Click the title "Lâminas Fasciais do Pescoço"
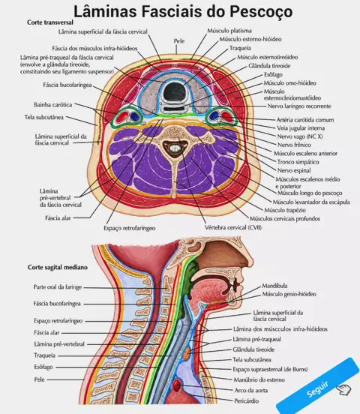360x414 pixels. coord(183,11)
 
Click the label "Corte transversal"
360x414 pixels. coord(50,22)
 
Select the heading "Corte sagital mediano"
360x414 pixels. coord(58,267)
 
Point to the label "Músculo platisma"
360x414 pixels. coord(229,31)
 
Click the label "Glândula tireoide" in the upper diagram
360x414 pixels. coord(269,66)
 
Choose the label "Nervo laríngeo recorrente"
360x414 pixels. coord(299,106)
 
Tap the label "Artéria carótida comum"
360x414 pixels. coord(305,120)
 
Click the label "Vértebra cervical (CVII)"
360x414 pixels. coord(233,227)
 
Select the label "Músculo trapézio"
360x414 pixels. coord(285,210)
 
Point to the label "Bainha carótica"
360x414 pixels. coord(52,105)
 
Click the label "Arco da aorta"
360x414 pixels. coord(251,390)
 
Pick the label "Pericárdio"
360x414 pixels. coord(247,400)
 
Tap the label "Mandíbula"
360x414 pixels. coord(274,286)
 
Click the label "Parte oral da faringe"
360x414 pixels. coord(58,287)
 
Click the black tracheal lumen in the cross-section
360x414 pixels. coord(174,91)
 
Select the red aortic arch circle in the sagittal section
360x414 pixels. coord(177,385)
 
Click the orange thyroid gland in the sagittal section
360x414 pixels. coord(187,352)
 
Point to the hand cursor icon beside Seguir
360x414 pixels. coord(344,389)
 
